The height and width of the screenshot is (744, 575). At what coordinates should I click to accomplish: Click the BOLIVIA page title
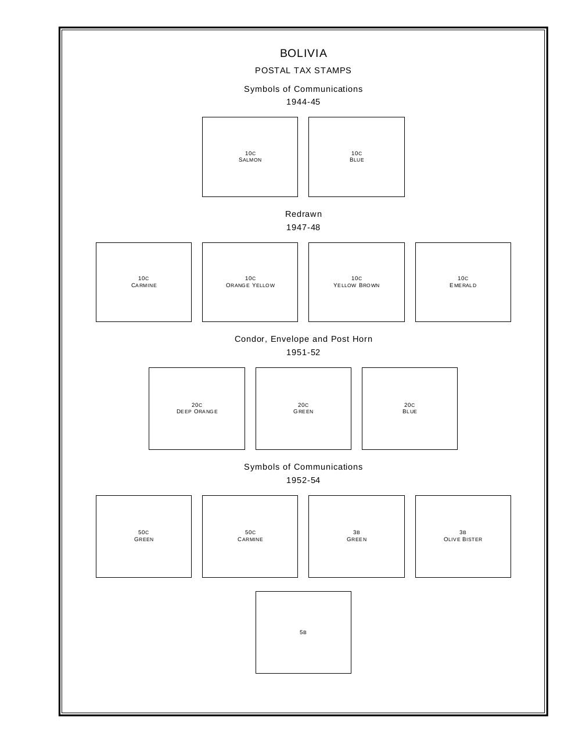point(303,53)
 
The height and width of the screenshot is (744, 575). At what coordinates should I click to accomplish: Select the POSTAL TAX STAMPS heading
point(303,70)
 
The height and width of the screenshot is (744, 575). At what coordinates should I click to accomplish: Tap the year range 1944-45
point(303,102)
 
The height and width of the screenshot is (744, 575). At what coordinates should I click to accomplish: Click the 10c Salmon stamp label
point(250,157)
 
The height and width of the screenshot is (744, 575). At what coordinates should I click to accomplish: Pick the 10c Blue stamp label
point(357,157)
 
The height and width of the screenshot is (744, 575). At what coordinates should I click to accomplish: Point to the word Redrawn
point(303,214)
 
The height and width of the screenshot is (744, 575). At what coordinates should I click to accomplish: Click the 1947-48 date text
point(303,227)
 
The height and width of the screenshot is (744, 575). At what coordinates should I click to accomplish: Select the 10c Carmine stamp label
point(143,282)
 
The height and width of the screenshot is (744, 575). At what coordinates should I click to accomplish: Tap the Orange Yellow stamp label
point(250,285)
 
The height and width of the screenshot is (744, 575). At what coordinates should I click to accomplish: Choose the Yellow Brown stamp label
point(357,285)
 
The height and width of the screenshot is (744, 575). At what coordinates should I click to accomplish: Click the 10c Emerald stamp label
point(463,282)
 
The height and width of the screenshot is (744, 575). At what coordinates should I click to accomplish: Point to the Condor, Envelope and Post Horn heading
point(303,339)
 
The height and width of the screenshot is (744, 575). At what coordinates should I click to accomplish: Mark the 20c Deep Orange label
point(197,408)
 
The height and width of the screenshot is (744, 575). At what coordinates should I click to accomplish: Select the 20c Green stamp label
point(303,408)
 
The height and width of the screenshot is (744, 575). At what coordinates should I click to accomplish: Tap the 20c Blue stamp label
point(409,408)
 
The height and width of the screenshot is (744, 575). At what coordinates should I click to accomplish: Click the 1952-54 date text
point(303,480)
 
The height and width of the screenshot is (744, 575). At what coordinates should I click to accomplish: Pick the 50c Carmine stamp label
point(250,536)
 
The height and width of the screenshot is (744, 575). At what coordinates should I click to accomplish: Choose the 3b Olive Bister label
point(463,536)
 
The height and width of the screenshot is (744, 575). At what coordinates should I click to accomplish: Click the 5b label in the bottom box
point(303,632)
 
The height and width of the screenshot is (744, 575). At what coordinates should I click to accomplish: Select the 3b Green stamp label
point(357,536)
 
